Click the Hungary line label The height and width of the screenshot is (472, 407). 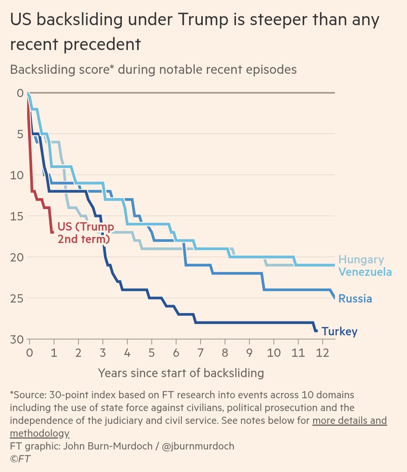361,260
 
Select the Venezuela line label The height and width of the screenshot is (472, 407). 365,272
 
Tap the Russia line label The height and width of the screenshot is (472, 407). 355,299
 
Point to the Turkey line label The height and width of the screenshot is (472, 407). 339,331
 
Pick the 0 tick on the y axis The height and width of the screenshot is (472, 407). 20,93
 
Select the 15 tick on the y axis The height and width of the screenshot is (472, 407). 17,216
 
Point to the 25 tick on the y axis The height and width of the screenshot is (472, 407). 17,298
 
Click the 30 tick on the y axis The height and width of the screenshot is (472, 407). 17,339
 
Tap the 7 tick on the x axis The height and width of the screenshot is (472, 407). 200,353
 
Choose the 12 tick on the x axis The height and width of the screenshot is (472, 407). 322,353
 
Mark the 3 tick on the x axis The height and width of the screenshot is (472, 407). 103,353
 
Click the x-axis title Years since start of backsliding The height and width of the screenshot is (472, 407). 181,373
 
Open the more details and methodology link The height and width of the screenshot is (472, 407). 349,420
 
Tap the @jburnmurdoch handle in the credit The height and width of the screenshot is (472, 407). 198,446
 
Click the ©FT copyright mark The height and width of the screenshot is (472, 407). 20,459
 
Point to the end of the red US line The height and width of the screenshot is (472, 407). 52,232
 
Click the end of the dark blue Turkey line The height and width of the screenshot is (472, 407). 316,331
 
